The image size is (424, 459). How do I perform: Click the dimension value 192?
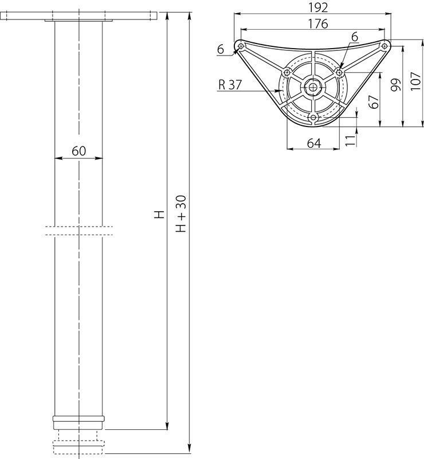point(318,8)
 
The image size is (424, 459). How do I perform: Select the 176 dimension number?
point(318,23)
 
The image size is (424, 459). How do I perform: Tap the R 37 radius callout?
point(230,85)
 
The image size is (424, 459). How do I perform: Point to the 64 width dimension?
point(314,143)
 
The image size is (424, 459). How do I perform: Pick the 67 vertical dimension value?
point(374,102)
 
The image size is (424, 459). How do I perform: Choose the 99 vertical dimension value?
point(396,85)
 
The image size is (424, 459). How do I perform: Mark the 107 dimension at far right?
point(416,81)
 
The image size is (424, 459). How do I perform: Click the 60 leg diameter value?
point(79,151)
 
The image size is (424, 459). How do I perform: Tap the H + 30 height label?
point(182,214)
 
